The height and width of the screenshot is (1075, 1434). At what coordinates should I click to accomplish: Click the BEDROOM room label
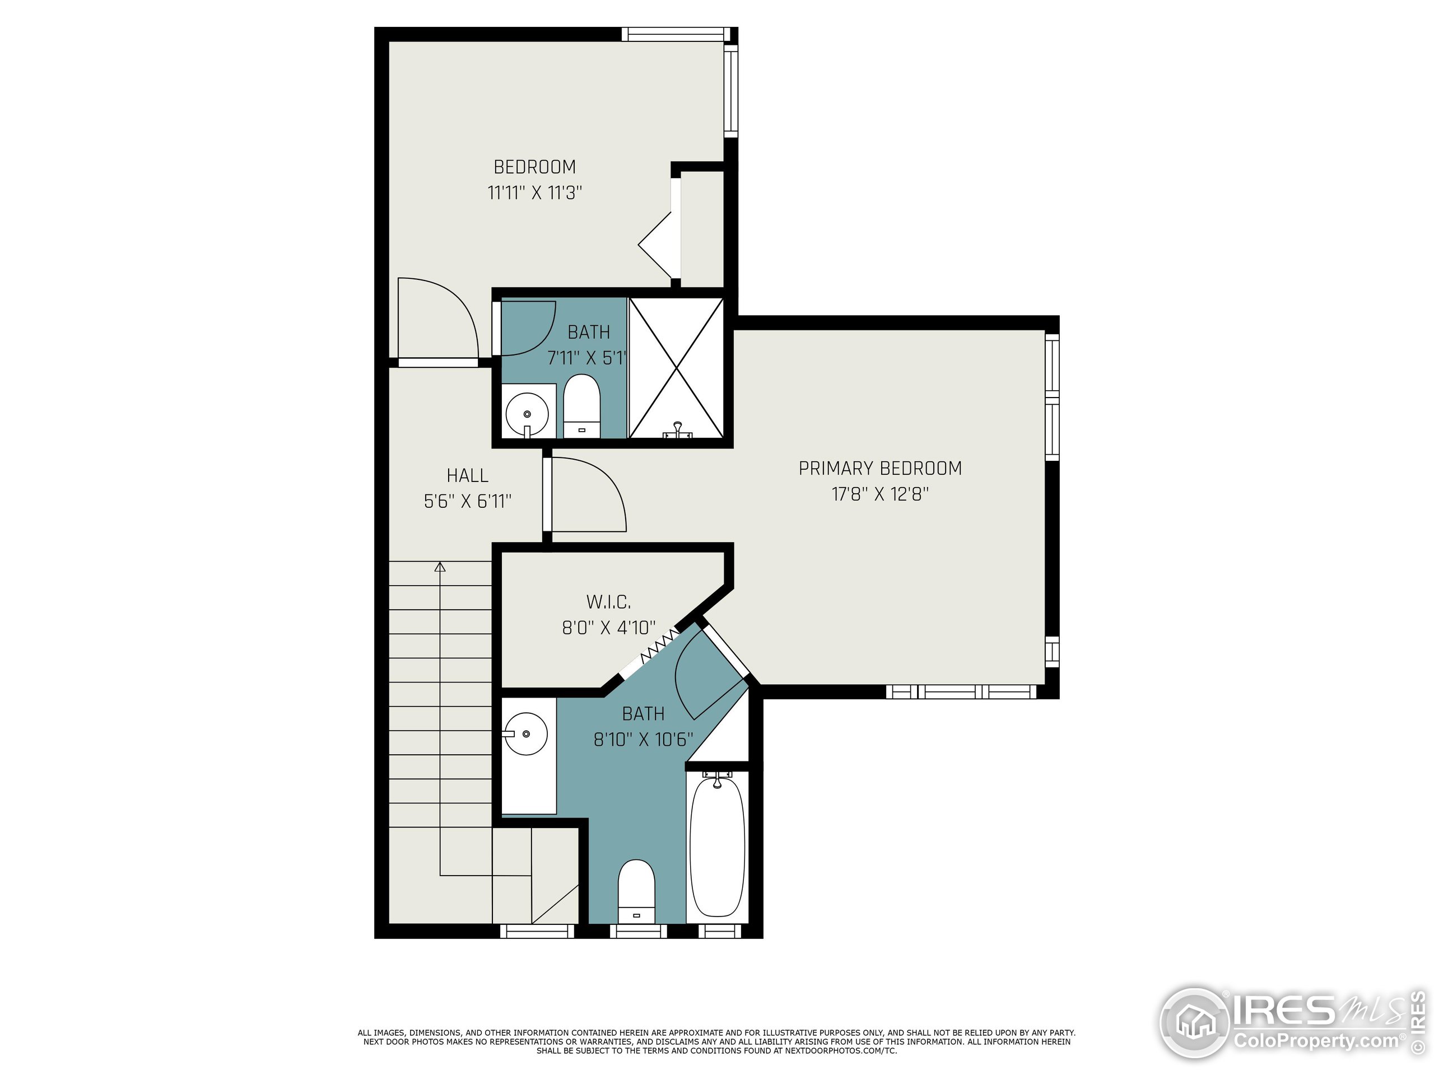[534, 167]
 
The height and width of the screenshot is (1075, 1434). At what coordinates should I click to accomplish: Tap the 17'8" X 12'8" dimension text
[879, 494]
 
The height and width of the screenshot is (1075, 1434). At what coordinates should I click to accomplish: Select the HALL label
[467, 475]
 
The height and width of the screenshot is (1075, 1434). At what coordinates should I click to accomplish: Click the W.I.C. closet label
[608, 602]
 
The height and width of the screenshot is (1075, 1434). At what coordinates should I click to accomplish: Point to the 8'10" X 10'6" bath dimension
[643, 740]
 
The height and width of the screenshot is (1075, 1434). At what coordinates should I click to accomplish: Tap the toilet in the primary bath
[636, 890]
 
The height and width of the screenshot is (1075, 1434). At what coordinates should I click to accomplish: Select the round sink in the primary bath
[526, 734]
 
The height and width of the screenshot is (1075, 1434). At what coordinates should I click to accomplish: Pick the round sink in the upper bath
[527, 413]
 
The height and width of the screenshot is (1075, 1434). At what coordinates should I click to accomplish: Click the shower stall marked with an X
[676, 368]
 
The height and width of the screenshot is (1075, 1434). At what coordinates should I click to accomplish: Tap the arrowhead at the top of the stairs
[440, 567]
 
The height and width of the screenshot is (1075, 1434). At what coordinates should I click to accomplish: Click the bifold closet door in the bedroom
[658, 245]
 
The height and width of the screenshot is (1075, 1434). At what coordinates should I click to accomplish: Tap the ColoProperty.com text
[1316, 1041]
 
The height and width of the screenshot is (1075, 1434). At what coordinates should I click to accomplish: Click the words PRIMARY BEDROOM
[879, 469]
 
